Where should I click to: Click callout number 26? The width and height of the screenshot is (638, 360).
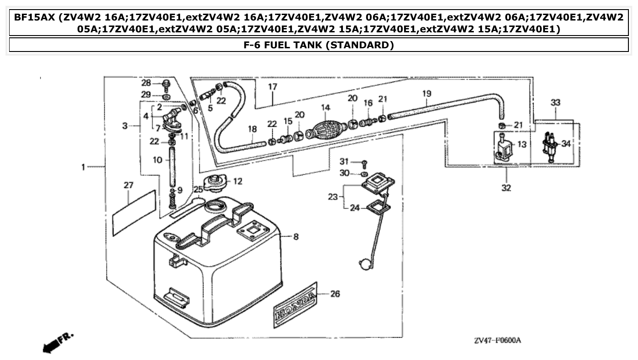335,294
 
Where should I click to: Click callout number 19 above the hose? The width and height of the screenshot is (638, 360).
426,94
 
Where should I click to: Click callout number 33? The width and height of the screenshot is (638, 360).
555,103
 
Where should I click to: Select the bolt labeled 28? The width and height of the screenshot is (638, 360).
166,84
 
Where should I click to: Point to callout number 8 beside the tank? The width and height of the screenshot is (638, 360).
296,237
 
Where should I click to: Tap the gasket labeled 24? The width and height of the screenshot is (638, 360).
378,208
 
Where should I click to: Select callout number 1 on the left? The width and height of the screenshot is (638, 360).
83,168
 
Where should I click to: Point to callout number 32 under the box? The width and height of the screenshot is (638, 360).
506,188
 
